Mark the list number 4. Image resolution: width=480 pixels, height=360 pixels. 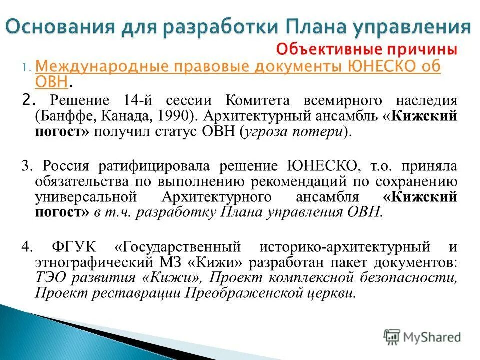tap(26, 246)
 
